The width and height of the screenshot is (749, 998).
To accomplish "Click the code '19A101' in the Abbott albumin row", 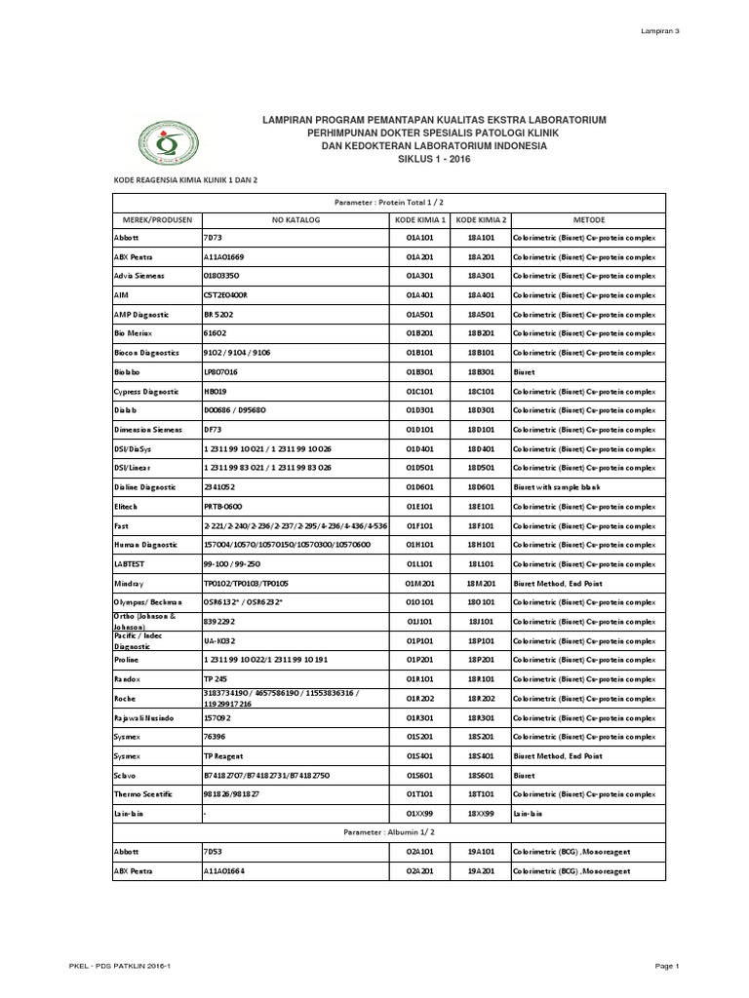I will pyautogui.click(x=482, y=853).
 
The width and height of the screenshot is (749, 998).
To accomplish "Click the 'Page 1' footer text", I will pyautogui.click(x=666, y=966).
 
